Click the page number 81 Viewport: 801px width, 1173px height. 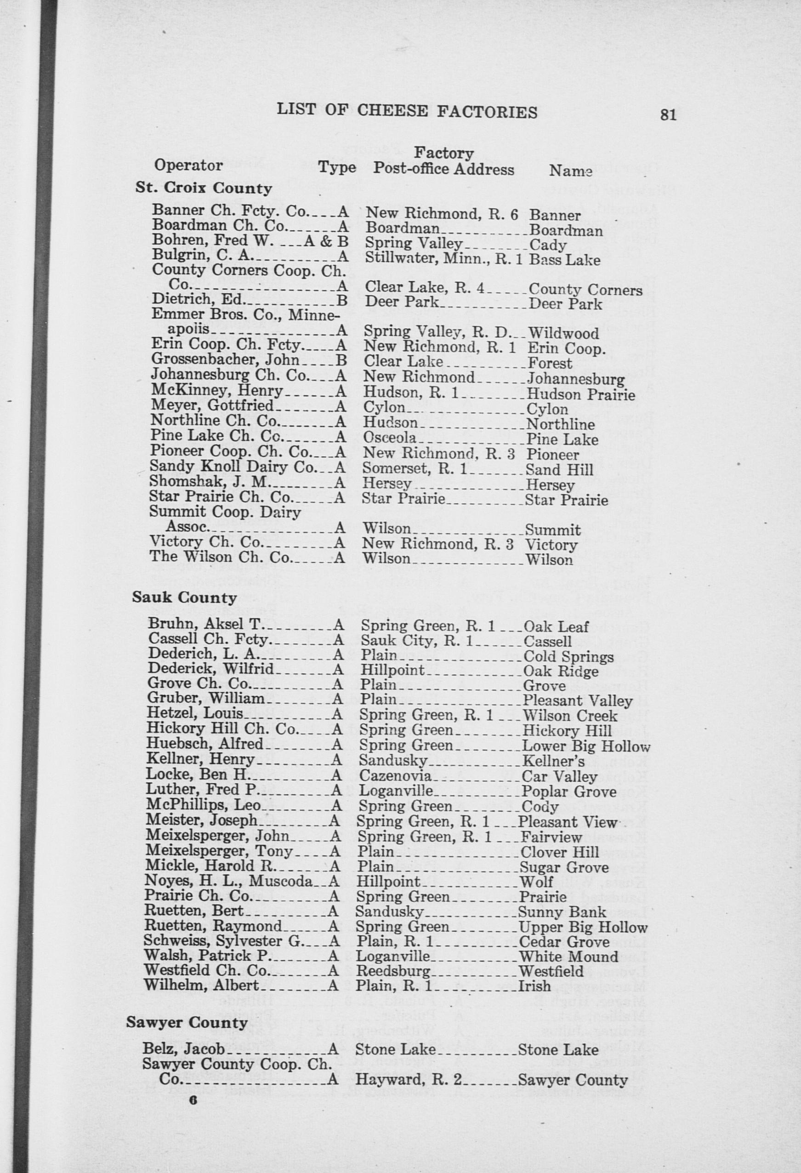coord(667,115)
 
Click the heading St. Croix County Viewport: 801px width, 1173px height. coord(204,188)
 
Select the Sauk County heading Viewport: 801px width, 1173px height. coord(184,598)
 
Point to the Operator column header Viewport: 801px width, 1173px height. coord(188,165)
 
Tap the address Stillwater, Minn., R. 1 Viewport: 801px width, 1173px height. coord(443,259)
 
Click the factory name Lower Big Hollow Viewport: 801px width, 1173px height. coord(585,746)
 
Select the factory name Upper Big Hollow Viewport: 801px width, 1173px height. coord(583,927)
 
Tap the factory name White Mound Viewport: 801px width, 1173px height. coord(568,957)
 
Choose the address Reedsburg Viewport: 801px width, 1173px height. coord(392,971)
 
